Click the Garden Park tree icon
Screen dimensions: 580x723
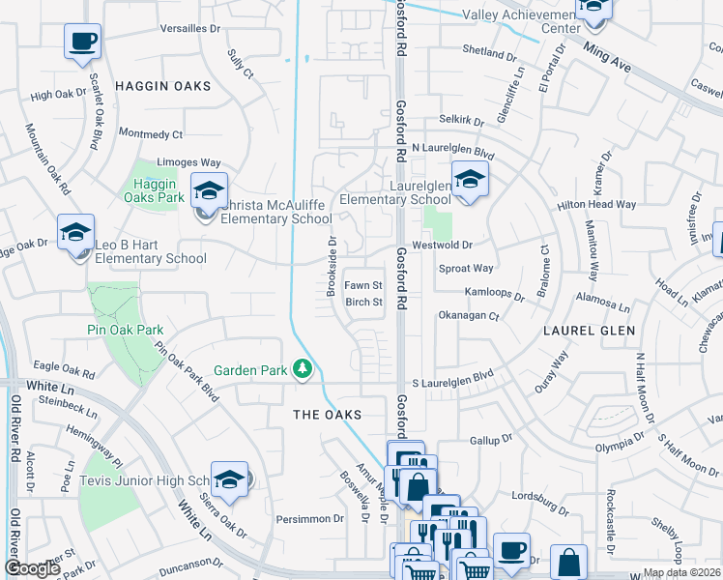pyautogui.click(x=303, y=368)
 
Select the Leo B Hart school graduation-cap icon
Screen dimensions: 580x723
pyautogui.click(x=75, y=233)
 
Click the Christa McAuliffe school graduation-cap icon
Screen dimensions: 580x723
pyautogui.click(x=208, y=190)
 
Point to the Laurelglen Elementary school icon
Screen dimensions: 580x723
pyautogui.click(x=470, y=179)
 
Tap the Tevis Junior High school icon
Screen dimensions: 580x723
pyautogui.click(x=230, y=478)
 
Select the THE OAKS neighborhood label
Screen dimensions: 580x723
pyautogui.click(x=327, y=415)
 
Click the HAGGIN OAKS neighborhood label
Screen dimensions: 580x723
pyautogui.click(x=162, y=86)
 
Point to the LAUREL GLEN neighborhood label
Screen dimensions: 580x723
pyautogui.click(x=590, y=331)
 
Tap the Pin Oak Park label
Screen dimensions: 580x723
pyautogui.click(x=123, y=330)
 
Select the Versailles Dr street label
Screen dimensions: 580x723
pyautogui.click(x=188, y=28)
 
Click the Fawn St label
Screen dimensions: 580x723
pyautogui.click(x=364, y=286)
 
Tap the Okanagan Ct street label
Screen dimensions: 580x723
pyautogui.click(x=469, y=315)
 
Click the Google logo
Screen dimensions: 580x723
pyautogui.click(x=33, y=569)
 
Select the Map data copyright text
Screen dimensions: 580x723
pyautogui.click(x=681, y=572)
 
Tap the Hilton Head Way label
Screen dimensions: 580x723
pyautogui.click(x=596, y=205)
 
